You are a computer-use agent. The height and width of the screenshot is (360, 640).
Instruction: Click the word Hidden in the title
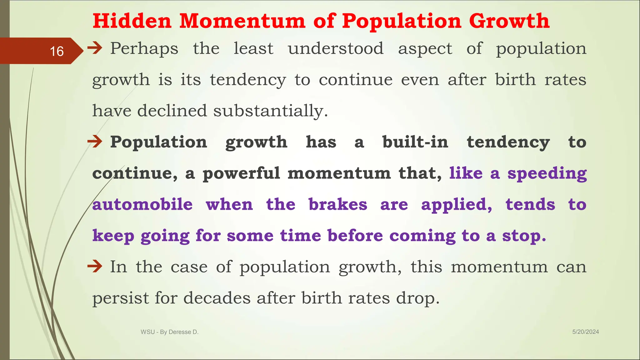coord(132,21)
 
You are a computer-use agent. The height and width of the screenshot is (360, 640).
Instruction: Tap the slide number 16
coord(57,51)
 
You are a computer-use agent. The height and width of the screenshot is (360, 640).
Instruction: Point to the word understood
coord(336,48)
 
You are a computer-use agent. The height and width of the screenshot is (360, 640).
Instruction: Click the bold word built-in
coord(415,142)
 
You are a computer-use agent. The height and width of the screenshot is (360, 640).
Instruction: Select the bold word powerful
coord(241,173)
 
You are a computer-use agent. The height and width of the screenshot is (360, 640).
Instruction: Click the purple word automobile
coord(142,205)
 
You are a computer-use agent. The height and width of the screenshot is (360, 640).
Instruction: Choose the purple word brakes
coord(338,205)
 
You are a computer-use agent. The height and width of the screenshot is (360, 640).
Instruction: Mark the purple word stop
coord(524,236)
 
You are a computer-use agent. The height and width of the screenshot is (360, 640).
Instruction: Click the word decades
coord(217,298)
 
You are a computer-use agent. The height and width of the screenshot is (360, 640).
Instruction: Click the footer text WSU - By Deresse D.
coord(170,332)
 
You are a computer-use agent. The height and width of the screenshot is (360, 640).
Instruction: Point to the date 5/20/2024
coord(585,332)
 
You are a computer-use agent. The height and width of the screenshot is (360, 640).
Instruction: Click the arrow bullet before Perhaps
coord(95,48)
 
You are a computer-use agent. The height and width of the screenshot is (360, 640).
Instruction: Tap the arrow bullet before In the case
coord(95,267)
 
